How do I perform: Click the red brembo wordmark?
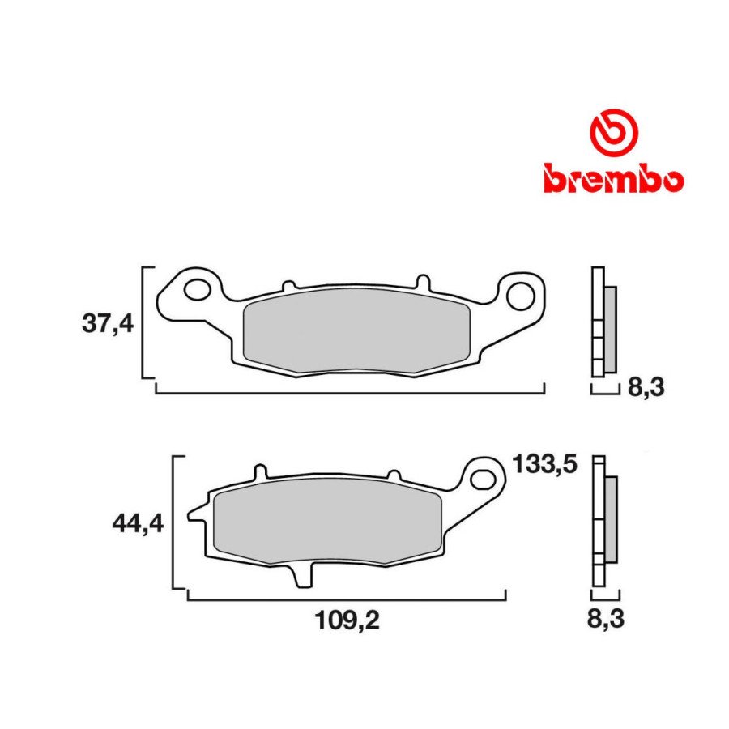(613, 178)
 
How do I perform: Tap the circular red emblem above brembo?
(613, 131)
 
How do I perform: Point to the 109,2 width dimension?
(347, 620)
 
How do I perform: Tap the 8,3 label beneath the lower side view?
(606, 620)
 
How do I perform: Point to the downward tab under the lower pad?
(302, 576)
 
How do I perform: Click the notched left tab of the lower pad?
(196, 513)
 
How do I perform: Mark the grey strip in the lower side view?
(610, 521)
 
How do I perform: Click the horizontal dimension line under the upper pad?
(348, 393)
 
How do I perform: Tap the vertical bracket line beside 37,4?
(143, 322)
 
